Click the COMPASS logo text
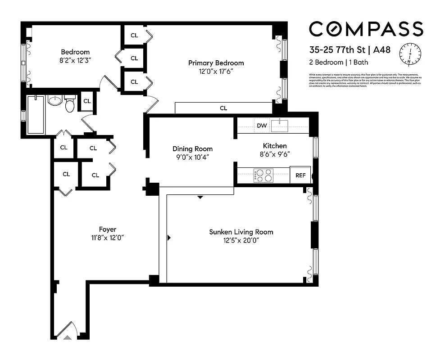[x=366, y=29]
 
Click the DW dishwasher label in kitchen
[x=262, y=126]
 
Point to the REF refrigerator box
[x=300, y=175]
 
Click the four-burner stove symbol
[x=263, y=175]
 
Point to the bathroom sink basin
[x=54, y=101]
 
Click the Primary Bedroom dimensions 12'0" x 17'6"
[x=216, y=72]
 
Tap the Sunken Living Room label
[x=241, y=232]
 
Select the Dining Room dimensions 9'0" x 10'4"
[x=192, y=157]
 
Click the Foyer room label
[x=108, y=229]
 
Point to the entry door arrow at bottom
[x=68, y=336]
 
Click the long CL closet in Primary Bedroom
[x=223, y=108]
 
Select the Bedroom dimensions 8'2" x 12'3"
[x=76, y=60]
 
